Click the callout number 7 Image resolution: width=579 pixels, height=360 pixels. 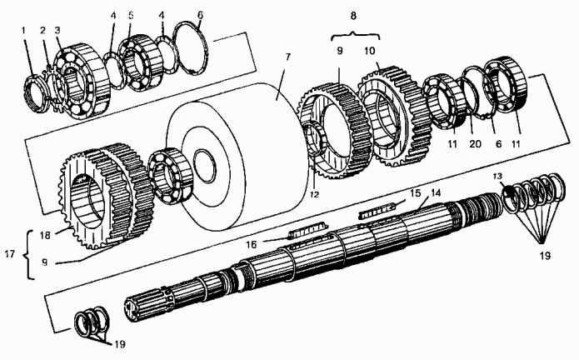click(x=287, y=57)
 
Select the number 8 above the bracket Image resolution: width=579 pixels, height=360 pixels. click(x=353, y=16)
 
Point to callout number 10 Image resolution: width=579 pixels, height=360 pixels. click(x=370, y=51)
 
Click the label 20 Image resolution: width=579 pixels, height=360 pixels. click(x=475, y=143)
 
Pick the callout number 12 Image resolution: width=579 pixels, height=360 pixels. click(x=315, y=194)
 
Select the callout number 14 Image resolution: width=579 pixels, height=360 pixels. click(x=436, y=192)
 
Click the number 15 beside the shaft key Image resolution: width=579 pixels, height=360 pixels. click(x=416, y=193)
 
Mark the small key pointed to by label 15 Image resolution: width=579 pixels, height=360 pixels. click(x=377, y=212)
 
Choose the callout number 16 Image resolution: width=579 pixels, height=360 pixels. click(x=252, y=244)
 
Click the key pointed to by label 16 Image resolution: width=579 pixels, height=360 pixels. click(x=307, y=232)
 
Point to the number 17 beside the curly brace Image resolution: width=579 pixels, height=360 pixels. click(x=10, y=254)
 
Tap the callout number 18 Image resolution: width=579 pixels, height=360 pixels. click(x=45, y=235)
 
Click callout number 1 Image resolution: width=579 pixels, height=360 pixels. click(x=23, y=30)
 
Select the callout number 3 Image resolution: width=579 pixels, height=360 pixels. click(x=57, y=30)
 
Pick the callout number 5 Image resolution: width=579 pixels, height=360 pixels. click(x=131, y=16)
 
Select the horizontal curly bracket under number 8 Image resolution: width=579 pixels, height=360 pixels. click(x=355, y=36)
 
